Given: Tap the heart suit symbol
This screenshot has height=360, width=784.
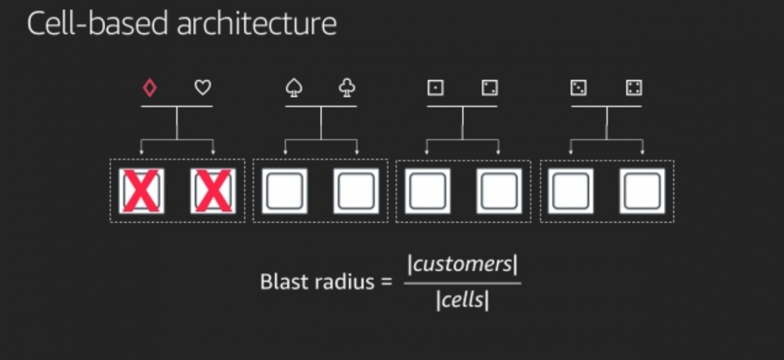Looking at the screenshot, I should click(x=203, y=88).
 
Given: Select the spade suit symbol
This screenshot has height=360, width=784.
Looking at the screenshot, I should click(x=294, y=88).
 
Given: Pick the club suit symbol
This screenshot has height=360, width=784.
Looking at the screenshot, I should click(x=347, y=88).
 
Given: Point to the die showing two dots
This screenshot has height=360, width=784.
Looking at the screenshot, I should click(x=490, y=88).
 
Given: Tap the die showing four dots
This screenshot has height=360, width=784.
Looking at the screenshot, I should click(x=633, y=88).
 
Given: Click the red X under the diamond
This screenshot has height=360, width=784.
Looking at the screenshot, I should click(x=142, y=191).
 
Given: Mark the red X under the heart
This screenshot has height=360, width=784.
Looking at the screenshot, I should click(x=213, y=191).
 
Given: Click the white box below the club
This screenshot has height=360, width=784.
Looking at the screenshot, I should click(x=357, y=191).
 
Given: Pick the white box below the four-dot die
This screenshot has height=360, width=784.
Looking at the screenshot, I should click(x=642, y=191).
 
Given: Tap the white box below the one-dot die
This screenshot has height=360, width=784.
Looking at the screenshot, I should click(x=427, y=191).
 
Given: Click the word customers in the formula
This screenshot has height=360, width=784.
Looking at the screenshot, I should click(x=462, y=264).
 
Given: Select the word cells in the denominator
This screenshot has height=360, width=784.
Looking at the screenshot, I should click(x=462, y=300).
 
